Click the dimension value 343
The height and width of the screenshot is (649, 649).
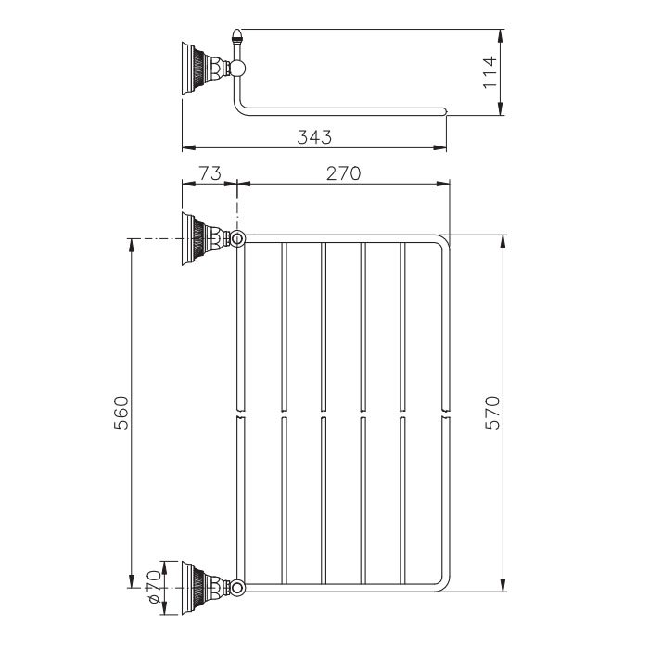tap(315, 136)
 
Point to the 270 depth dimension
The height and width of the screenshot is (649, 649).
tap(341, 172)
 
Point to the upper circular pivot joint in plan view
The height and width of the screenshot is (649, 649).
tap(238, 239)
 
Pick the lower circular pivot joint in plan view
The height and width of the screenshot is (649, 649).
tap(238, 586)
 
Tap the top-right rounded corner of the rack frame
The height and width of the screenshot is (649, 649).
tap(441, 243)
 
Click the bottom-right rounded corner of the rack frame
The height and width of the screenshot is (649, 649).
tap(441, 582)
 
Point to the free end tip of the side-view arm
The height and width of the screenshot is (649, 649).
tap(448, 113)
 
